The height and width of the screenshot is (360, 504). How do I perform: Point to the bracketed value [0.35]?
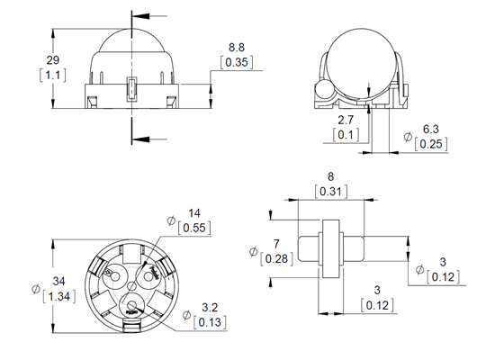[x=237, y=63]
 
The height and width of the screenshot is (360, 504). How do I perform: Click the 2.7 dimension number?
[x=345, y=119]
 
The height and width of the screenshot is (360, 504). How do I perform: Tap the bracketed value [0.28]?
[x=277, y=260]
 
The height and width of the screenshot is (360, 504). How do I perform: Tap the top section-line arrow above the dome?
[x=138, y=15]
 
